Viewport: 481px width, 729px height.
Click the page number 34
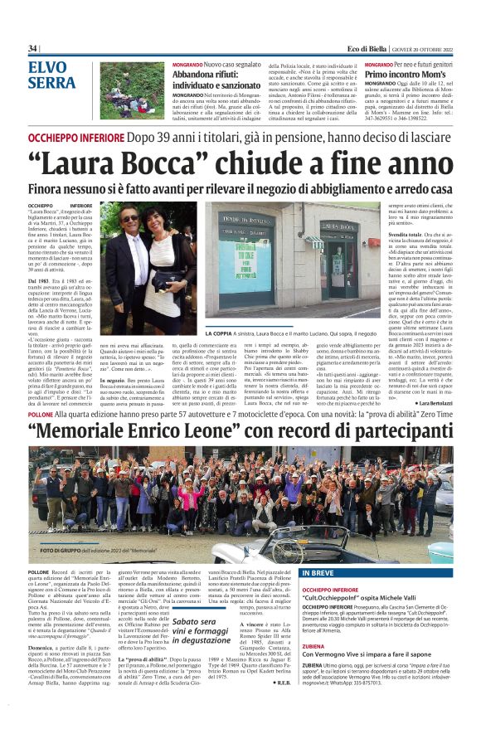pos(33,48)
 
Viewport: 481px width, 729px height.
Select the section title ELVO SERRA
pos(52,75)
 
